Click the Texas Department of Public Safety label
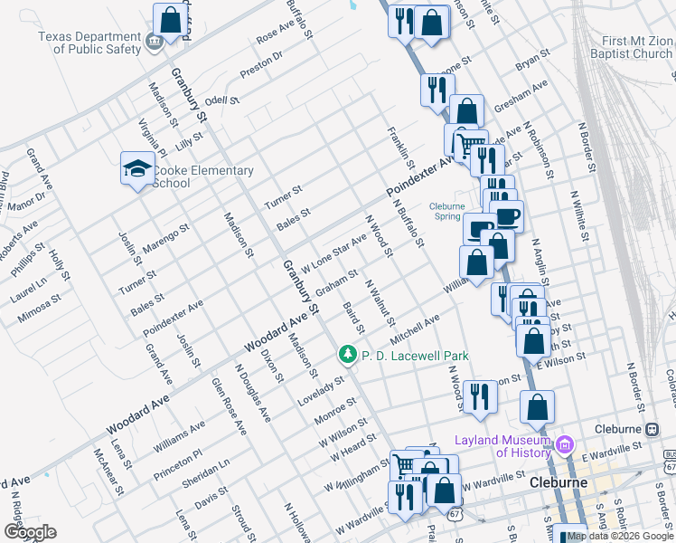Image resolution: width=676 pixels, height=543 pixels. [89, 43]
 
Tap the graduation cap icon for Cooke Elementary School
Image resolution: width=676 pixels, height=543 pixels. [137, 168]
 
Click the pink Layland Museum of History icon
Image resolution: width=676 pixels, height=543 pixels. [566, 445]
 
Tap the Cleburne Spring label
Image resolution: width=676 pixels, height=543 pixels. [446, 211]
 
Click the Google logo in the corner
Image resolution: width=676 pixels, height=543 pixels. [30, 531]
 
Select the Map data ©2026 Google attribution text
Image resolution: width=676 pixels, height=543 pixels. [620, 537]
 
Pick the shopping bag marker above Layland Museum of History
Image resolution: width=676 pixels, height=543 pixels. [537, 407]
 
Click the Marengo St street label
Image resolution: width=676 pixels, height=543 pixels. [166, 238]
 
